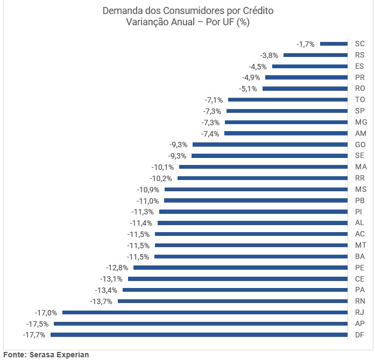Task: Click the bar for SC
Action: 334,44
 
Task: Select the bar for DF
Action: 199,335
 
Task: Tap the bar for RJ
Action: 205,312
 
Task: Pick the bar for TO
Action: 288,99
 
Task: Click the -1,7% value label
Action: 306,44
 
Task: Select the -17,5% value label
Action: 38,324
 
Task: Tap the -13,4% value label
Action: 108,290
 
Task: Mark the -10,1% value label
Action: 162,167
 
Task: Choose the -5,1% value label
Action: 249,89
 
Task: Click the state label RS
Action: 360,55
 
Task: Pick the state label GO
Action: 360,145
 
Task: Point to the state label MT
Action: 360,245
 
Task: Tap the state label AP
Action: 360,323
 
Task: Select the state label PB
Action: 360,200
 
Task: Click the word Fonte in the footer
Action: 13,355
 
